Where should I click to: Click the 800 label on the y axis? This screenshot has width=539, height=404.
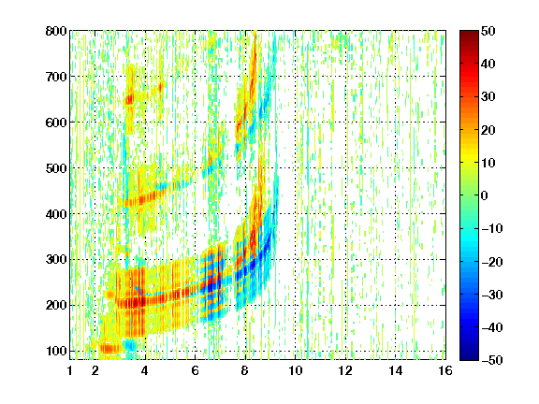click(x=56, y=31)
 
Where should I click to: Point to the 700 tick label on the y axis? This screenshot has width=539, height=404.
click(x=56, y=77)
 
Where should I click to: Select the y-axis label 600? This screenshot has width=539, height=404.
click(x=56, y=123)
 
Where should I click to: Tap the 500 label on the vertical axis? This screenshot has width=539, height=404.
click(x=56, y=168)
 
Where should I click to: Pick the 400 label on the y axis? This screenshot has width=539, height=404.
click(x=56, y=214)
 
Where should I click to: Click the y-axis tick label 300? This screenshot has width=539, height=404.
click(x=56, y=260)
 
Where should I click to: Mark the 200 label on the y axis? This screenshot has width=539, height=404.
click(x=56, y=306)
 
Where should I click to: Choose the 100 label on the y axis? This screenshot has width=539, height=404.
click(x=56, y=351)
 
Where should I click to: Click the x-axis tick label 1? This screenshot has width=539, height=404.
click(x=70, y=370)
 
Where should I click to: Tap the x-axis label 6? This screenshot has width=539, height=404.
click(x=195, y=370)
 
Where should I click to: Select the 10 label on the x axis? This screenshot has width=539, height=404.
click(x=296, y=370)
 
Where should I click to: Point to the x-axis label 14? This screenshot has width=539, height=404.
click(x=396, y=370)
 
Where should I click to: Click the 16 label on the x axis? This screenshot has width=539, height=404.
click(x=445, y=370)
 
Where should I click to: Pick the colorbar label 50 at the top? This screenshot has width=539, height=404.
click(x=488, y=31)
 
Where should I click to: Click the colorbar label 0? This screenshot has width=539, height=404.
click(x=485, y=195)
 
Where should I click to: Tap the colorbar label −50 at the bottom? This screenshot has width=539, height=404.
click(x=492, y=360)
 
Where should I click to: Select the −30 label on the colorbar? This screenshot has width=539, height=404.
click(x=492, y=295)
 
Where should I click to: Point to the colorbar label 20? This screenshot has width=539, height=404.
click(x=488, y=130)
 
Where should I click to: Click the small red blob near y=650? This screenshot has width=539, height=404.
click(x=129, y=100)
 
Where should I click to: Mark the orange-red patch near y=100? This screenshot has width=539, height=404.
click(x=109, y=349)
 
